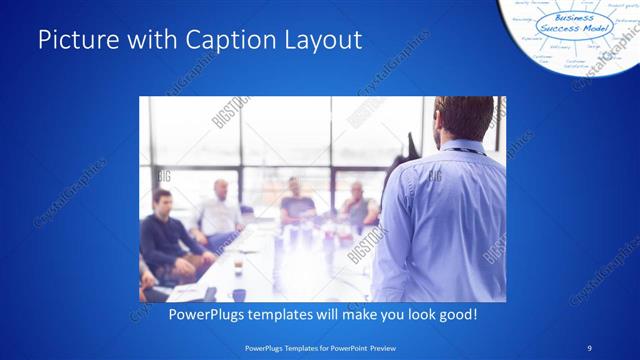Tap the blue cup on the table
[239, 294]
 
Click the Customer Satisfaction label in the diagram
[577, 64]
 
